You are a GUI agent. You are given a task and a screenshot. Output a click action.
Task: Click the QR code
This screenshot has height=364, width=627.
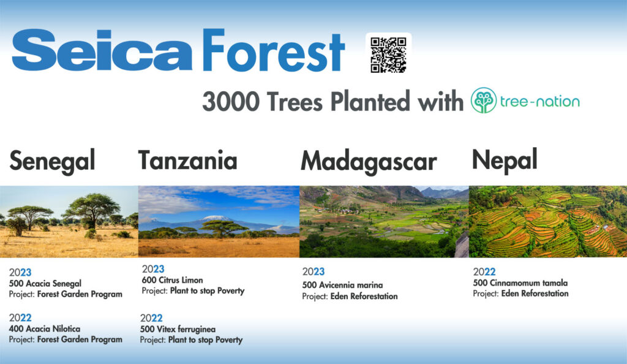coord(388,55)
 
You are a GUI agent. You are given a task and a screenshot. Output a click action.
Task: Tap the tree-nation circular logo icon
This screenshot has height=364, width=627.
coord(483,100)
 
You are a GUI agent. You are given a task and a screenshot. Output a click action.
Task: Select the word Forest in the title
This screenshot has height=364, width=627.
coord(273,52)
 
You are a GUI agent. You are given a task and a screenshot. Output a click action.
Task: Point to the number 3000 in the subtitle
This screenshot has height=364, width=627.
coord(230,102)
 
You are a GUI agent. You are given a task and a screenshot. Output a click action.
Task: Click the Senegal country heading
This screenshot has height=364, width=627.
coord(52,161)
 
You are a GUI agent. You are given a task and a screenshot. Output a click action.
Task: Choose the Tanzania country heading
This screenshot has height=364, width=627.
coord(187,160)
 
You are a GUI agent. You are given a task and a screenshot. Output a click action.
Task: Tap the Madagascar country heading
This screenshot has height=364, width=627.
coord(368,161)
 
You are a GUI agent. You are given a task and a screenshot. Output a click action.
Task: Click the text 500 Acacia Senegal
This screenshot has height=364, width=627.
coord(45,284)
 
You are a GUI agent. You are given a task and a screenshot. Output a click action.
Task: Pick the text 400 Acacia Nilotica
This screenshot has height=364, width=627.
coord(45,329)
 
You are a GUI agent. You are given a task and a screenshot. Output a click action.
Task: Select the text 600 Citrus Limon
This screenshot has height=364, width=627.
coord(172,281)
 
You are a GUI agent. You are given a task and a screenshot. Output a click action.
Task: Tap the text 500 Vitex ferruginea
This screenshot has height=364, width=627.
coord(178,330)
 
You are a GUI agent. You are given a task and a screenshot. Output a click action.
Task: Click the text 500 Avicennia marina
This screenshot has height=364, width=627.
coord(342,285)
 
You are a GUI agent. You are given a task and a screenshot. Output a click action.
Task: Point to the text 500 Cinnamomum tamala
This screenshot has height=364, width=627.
coord(520,283)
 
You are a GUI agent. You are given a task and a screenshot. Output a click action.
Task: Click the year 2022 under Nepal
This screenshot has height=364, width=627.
coord(484,272)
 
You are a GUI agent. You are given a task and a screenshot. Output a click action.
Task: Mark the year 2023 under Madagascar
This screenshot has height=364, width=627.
coord(313,272)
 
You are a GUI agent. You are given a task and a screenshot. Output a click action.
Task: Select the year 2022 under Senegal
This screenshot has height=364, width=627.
coord(20,317)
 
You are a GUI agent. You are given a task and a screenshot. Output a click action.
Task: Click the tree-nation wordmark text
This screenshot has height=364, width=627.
coord(540,101)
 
